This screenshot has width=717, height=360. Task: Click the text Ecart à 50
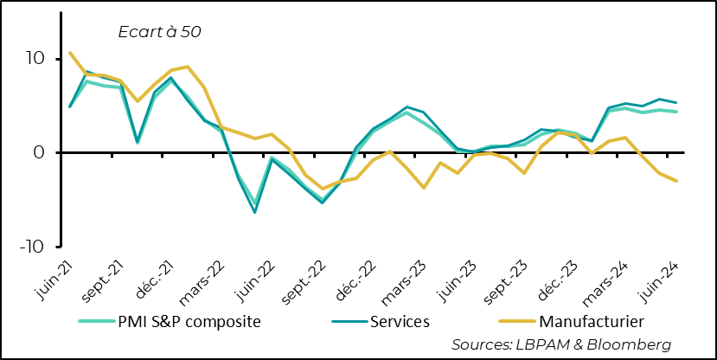[x=159, y=32]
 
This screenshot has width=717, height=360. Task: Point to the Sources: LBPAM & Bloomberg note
[x=561, y=344]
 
